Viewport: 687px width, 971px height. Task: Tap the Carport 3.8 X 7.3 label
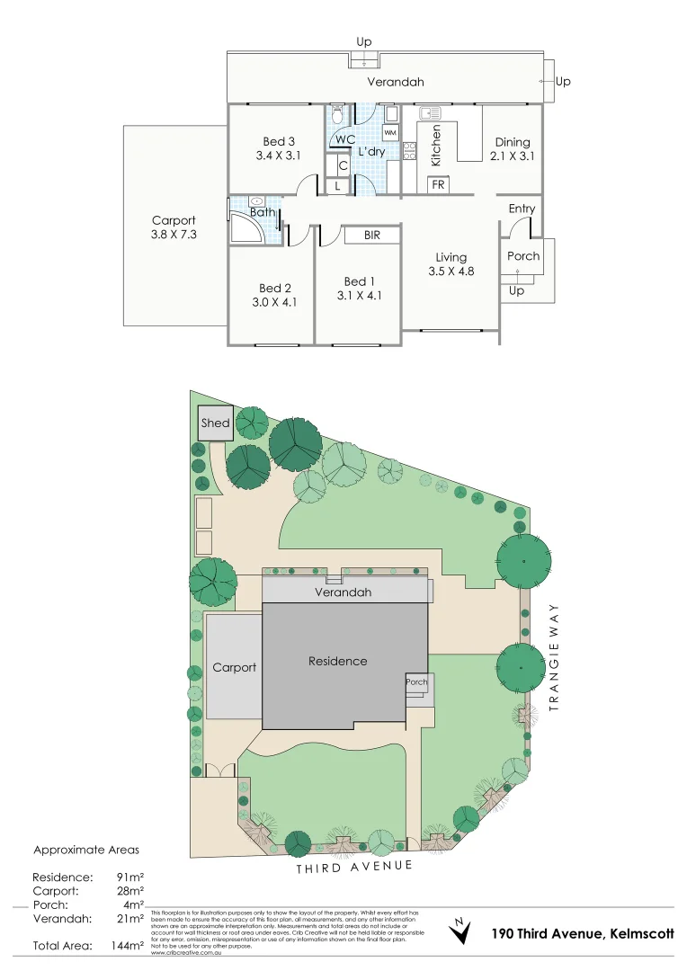174,227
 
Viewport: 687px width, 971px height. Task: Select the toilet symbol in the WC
337,114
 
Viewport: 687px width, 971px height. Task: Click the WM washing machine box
389,132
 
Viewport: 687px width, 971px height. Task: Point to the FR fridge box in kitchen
439,184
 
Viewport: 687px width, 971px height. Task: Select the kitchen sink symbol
429,113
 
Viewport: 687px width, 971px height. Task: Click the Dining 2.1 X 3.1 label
512,148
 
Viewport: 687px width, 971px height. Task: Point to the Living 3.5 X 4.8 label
451,264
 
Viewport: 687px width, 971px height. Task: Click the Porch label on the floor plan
523,255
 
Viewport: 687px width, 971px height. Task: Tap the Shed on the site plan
215,423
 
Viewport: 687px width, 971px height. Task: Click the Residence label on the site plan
337,661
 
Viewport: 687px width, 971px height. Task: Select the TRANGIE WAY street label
554,655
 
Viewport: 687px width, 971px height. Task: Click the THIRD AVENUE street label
354,867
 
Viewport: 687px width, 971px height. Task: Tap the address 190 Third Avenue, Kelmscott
583,934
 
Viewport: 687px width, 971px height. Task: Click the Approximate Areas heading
86,849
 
